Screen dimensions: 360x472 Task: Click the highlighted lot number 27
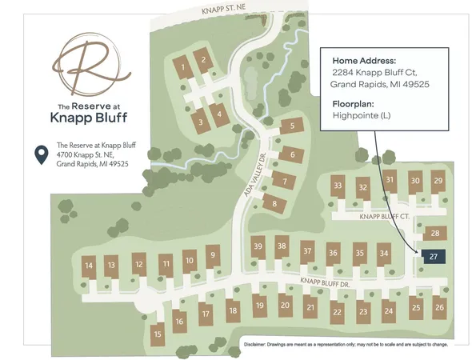(x=433, y=257)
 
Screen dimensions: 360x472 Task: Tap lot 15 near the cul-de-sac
(x=158, y=334)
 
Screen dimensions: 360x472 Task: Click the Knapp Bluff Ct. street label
(x=385, y=217)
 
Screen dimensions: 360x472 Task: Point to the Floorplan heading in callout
(x=352, y=103)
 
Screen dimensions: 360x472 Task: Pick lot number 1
(x=184, y=66)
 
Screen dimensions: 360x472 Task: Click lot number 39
(x=257, y=246)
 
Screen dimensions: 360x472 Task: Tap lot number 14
(x=89, y=266)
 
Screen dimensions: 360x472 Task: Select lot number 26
(x=438, y=307)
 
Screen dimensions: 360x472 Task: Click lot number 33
(x=338, y=186)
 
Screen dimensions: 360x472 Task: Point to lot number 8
(x=275, y=204)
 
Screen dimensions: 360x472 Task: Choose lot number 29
(x=438, y=181)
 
